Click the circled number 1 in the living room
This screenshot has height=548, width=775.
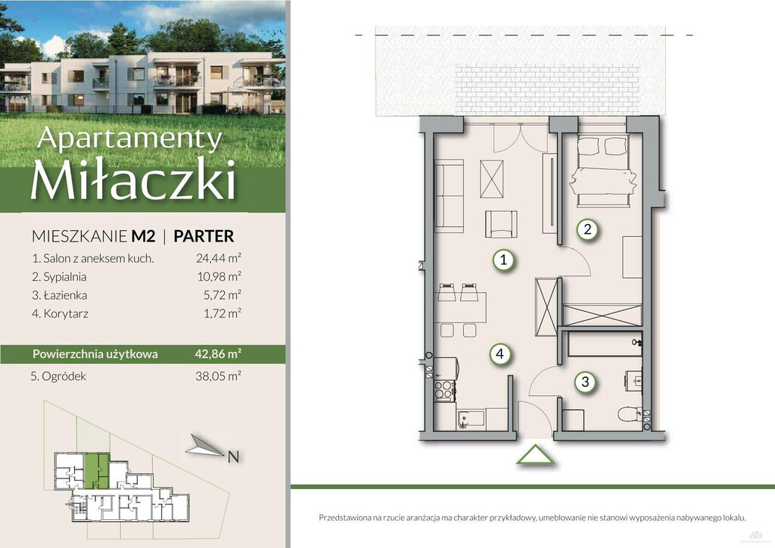click(x=503, y=260)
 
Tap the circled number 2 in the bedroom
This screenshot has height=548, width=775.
click(x=587, y=229)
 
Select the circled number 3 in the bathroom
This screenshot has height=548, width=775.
click(x=585, y=381)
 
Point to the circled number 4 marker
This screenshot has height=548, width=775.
click(x=500, y=353)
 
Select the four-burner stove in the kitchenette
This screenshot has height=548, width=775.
click(x=444, y=390)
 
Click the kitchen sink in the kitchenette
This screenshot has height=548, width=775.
click(x=470, y=419)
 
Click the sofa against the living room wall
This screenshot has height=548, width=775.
click(x=449, y=195)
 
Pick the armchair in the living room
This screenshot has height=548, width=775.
click(x=501, y=224)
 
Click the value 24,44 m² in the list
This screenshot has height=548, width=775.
click(x=219, y=257)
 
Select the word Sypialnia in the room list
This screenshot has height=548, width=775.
click(x=65, y=277)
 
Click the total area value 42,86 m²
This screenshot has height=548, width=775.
click(x=218, y=353)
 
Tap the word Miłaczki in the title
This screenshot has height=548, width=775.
click(x=133, y=179)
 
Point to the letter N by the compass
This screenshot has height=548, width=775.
click(x=233, y=457)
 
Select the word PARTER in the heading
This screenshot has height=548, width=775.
click(x=204, y=236)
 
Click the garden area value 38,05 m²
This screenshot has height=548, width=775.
click(x=218, y=376)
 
